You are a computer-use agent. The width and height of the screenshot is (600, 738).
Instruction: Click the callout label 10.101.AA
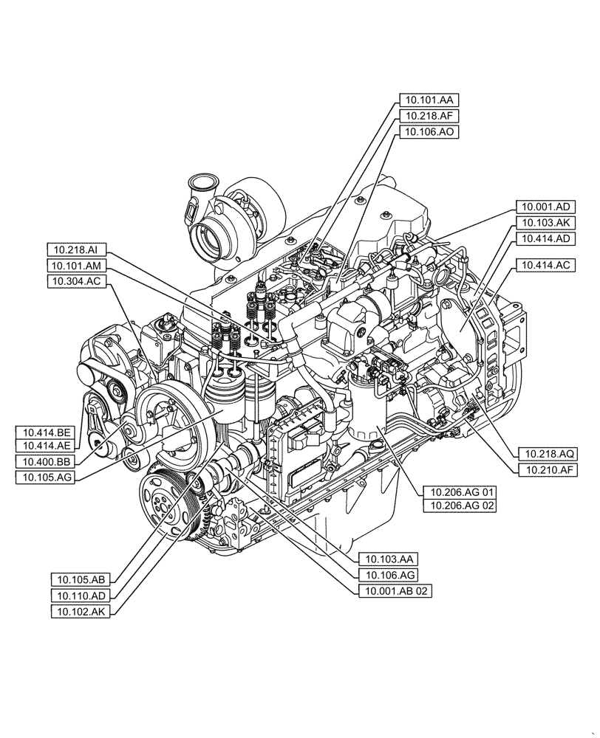click(x=429, y=99)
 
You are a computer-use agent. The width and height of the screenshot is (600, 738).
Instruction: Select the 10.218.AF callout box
click(x=429, y=115)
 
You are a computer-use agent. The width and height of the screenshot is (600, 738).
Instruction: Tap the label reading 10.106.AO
click(x=429, y=131)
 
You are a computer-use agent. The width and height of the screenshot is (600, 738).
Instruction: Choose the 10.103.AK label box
click(x=545, y=222)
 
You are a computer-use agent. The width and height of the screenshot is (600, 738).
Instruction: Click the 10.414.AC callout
click(x=545, y=264)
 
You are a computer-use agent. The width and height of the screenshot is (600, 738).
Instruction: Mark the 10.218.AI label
click(x=78, y=249)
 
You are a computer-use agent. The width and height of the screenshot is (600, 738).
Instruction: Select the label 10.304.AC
click(x=78, y=281)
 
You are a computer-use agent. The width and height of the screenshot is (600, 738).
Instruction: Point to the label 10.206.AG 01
click(x=459, y=490)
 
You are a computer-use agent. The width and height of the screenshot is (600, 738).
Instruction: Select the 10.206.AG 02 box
click(x=459, y=506)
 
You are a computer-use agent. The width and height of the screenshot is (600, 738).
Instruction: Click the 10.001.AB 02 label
click(x=394, y=590)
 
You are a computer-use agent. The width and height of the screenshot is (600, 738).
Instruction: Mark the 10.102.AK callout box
click(x=81, y=611)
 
